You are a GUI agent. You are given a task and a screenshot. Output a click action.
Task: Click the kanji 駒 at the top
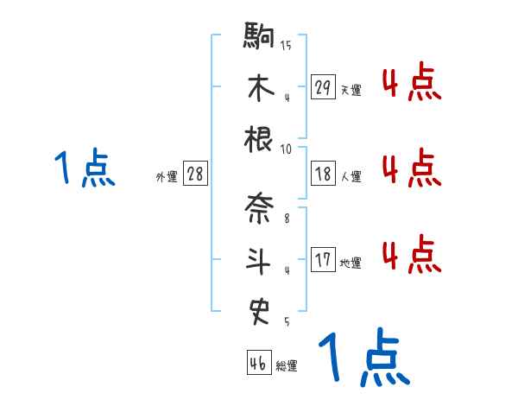coord(259,37)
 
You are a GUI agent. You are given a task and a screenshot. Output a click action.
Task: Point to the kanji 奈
coord(259,208)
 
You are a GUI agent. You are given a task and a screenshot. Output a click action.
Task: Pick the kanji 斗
coord(259,259)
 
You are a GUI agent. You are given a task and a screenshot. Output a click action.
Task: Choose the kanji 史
coord(259,309)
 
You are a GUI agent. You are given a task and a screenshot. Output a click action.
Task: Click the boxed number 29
coord(323,87)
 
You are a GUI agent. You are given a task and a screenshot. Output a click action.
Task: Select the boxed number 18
coord(323,174)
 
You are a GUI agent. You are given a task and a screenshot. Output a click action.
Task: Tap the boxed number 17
coord(323,259)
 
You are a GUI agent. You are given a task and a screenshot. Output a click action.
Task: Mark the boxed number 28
coord(195,174)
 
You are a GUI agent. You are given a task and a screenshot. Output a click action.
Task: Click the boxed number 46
coord(258,363)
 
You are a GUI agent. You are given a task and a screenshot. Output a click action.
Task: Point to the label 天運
coord(351,90)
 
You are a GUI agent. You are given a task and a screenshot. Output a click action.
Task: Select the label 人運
coord(351,176)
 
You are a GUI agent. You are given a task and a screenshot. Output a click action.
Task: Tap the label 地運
coord(351,262)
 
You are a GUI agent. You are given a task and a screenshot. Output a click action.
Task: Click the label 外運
coord(167,176)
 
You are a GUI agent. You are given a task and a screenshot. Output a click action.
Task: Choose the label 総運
coord(287,365)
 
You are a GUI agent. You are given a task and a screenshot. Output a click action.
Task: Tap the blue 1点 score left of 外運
coord(85,168)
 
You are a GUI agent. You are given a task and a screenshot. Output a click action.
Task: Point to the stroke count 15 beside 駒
coord(286,45)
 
